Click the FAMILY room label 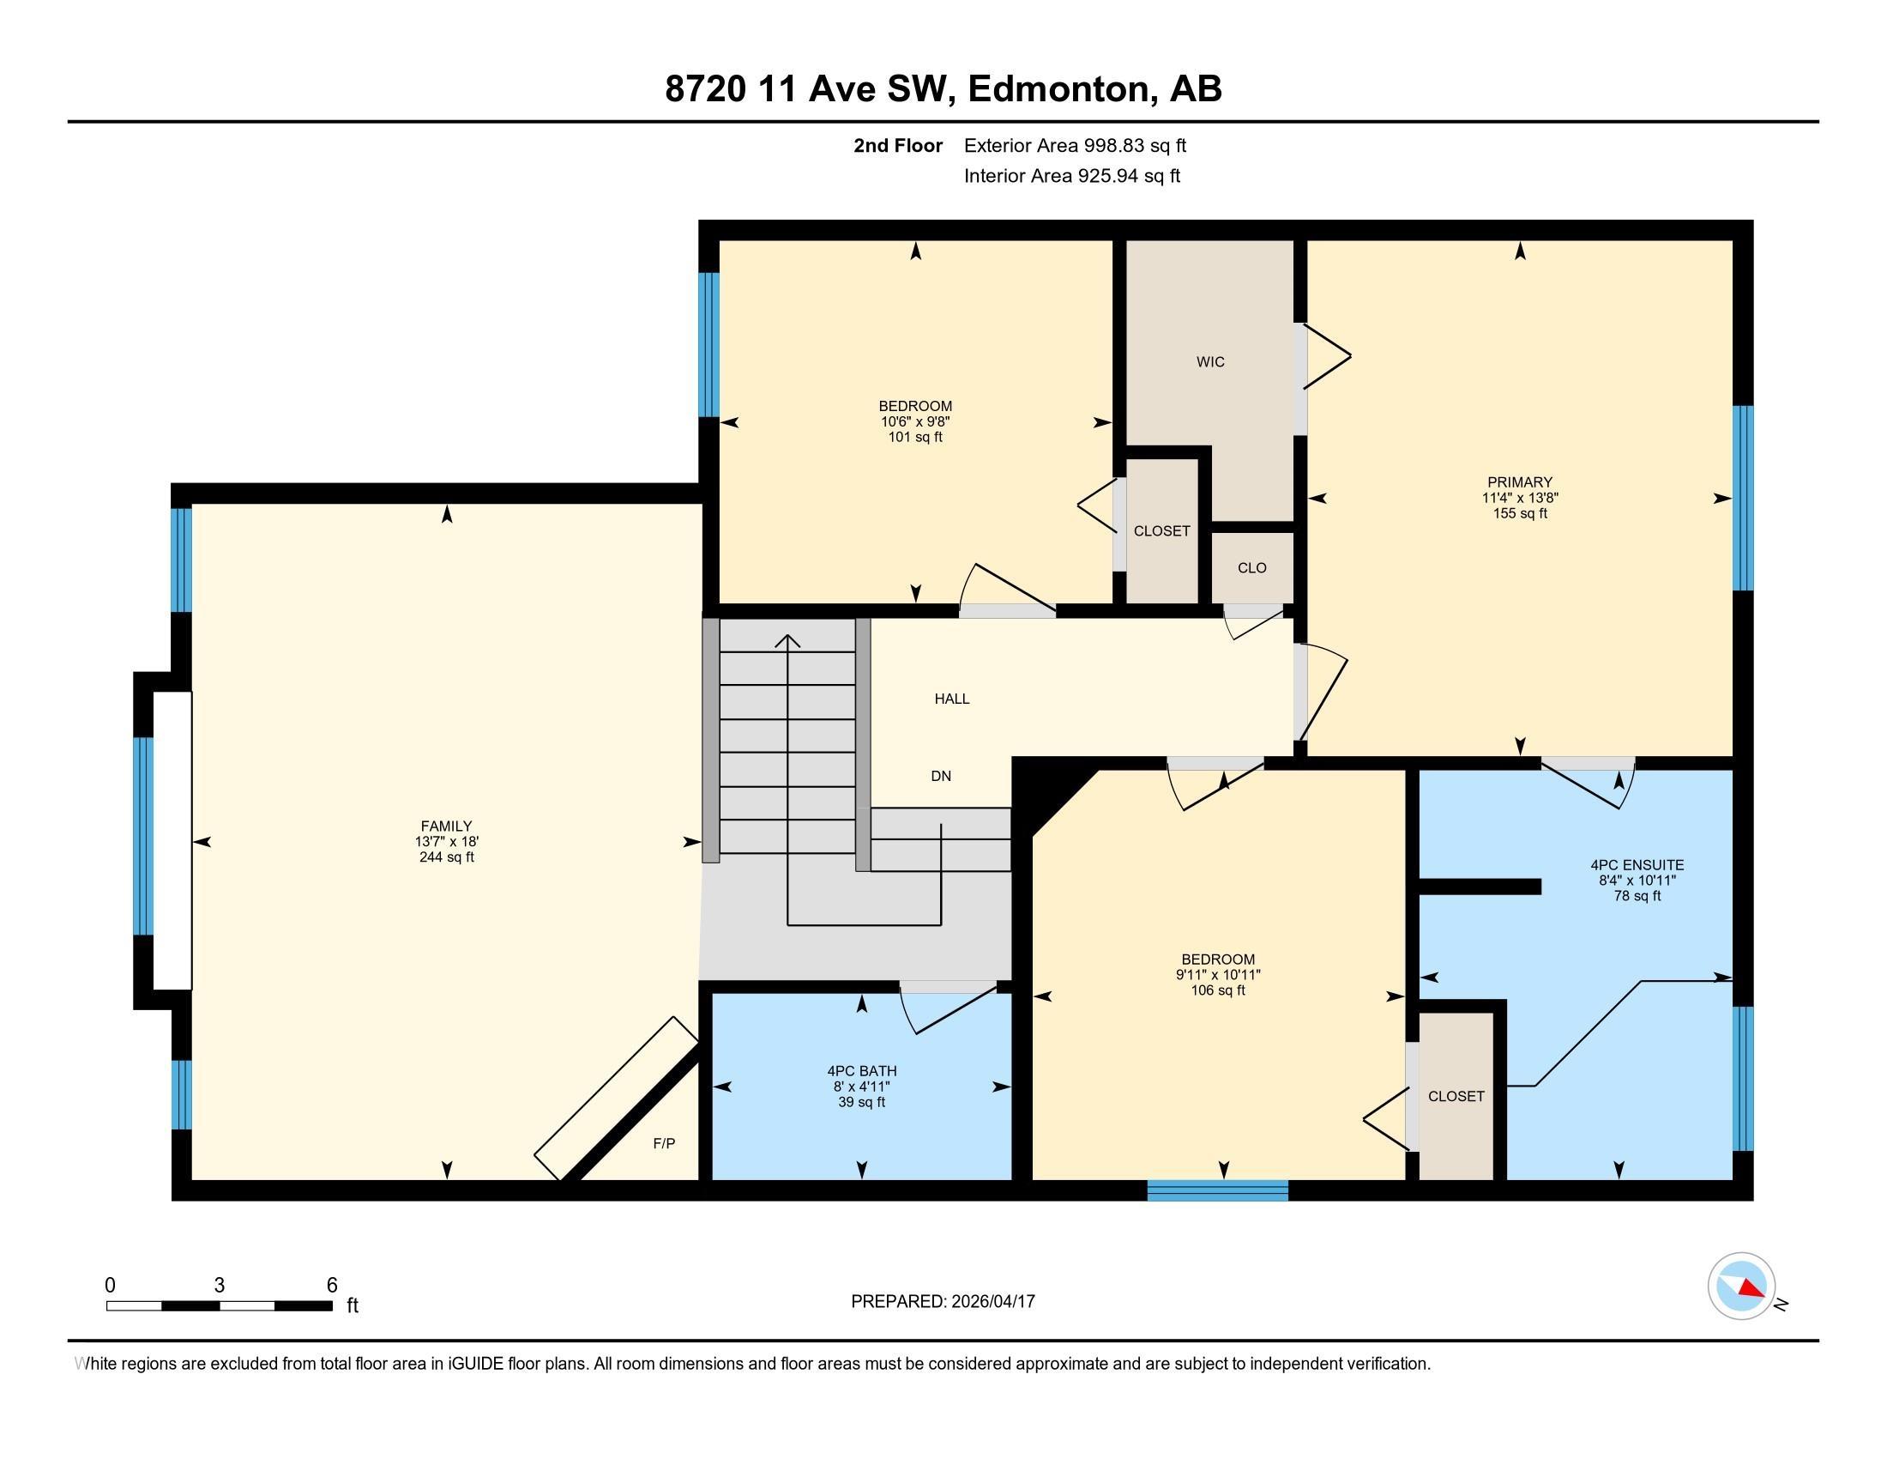446,826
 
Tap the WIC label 1209,362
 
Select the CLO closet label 1252,568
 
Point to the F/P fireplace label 664,1143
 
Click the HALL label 952,699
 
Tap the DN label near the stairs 941,776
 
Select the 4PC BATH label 861,1071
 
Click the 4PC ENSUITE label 1637,864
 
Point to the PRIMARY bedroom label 1520,482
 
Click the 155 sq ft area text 1520,513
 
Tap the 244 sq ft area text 446,857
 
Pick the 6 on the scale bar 332,1286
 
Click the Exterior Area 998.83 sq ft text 1075,145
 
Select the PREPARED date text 943,1301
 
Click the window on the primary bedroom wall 1744,498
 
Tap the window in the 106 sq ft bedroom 1218,1190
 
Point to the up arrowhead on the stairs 787,641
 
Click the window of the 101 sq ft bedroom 708,345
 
